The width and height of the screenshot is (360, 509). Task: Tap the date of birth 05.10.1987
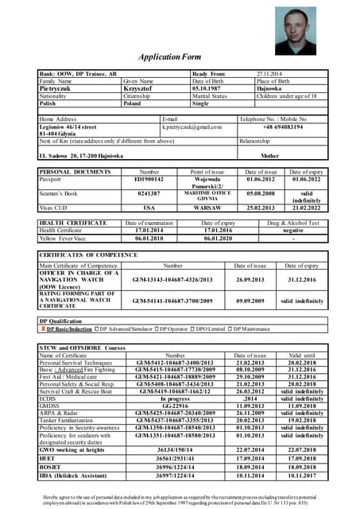(210, 88)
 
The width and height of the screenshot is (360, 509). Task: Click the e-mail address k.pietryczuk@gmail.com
(192, 127)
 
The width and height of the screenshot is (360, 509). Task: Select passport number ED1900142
(149, 180)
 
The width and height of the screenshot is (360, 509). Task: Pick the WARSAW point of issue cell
(207, 208)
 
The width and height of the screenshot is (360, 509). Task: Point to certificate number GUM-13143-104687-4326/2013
(173, 280)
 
